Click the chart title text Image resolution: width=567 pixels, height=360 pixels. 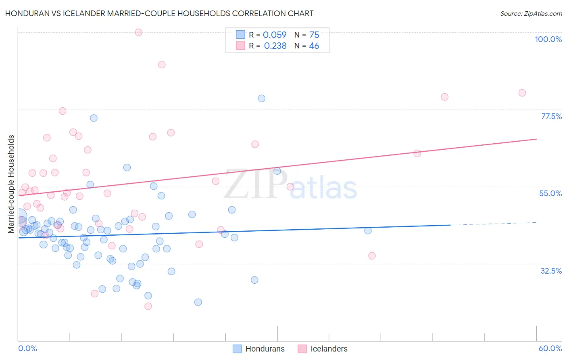tap(159, 13)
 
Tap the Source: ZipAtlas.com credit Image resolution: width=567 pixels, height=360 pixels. tap(531, 13)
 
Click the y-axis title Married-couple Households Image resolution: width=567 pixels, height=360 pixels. tap(11, 184)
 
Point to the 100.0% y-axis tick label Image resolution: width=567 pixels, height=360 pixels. tap(548, 39)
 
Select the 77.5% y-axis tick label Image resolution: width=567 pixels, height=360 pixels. tap(551, 116)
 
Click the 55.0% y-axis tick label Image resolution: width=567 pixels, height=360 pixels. tap(550, 193)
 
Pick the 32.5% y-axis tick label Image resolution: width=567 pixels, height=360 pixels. tap(551, 271)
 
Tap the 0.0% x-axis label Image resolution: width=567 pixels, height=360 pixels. tap(27, 348)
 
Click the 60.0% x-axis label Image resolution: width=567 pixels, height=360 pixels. tap(550, 348)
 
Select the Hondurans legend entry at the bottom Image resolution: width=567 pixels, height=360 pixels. tap(265, 349)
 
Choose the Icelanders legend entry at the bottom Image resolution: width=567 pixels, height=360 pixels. tap(329, 349)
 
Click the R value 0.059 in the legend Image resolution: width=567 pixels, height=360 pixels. tap(275, 35)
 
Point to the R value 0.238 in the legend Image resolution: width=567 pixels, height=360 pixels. tap(275, 46)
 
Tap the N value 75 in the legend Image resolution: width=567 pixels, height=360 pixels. tap(314, 35)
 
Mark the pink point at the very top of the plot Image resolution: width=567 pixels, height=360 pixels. tap(139, 32)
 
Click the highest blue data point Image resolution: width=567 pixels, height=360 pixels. tap(262, 98)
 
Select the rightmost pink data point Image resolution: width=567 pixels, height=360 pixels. tap(522, 93)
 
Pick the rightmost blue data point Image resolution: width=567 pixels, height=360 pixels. tap(368, 230)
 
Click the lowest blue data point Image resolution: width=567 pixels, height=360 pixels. tap(198, 302)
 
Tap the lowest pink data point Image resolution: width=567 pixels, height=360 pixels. tap(148, 306)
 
